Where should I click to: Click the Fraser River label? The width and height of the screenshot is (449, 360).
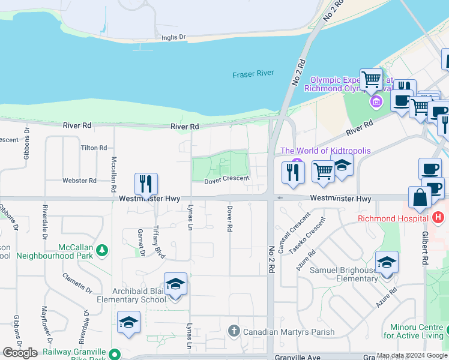[253, 74]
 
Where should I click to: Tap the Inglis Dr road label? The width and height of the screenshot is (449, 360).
[173, 37]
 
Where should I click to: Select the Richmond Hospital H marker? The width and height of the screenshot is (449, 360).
[439, 217]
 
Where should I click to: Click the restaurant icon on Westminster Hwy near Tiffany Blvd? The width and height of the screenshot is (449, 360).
[146, 183]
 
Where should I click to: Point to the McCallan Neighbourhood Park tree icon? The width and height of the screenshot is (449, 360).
[103, 249]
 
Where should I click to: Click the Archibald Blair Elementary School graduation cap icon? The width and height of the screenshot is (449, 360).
[175, 283]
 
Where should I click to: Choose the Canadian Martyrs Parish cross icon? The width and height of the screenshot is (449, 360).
[234, 331]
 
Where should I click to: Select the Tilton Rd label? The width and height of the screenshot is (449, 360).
[94, 148]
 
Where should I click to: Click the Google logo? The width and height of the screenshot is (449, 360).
[20, 353]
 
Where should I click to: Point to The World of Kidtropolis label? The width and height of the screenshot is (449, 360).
[325, 151]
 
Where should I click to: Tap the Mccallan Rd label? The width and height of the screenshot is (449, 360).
[113, 175]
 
